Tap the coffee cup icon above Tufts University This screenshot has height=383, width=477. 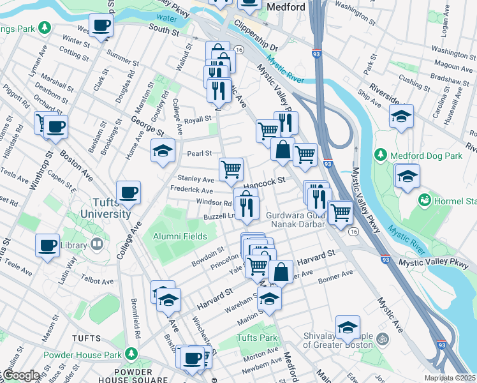pyautogui.click(x=128, y=193)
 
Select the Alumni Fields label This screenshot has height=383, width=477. pyautogui.click(x=179, y=236)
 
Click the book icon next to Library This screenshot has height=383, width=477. pyautogui.click(x=97, y=243)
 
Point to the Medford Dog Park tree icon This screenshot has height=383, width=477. pyautogui.click(x=381, y=154)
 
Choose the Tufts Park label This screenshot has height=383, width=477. pyautogui.click(x=257, y=338)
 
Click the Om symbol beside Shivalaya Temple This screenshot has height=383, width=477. pyautogui.click(x=382, y=338)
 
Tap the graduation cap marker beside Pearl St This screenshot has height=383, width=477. pyautogui.click(x=163, y=151)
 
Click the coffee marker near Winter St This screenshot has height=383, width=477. pyautogui.click(x=101, y=26)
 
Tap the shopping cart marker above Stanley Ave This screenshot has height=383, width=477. pyautogui.click(x=231, y=169)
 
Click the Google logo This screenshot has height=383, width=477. pyautogui.click(x=20, y=376)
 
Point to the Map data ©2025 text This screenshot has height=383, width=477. pyautogui.click(x=450, y=378)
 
